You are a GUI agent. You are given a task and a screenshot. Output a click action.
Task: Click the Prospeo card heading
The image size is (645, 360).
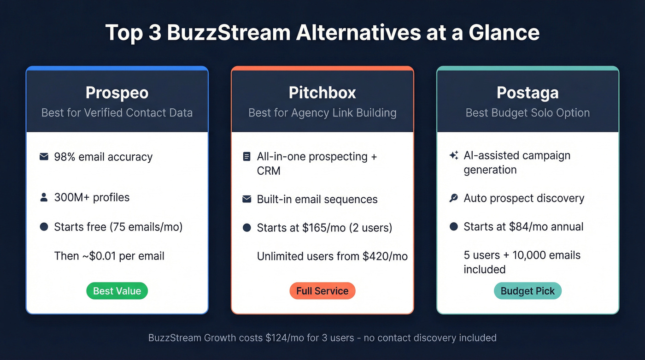[117, 93]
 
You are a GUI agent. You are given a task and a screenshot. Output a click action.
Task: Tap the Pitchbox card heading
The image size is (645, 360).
[322, 93]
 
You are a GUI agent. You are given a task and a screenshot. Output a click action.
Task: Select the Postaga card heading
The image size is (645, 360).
[528, 93]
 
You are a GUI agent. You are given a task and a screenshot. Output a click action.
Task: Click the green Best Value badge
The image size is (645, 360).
[117, 291]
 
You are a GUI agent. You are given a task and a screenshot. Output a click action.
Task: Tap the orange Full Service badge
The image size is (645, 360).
[322, 291]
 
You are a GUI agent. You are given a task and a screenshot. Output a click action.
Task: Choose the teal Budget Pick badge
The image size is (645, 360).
[528, 291]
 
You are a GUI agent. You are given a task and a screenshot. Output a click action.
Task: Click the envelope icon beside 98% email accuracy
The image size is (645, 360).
[44, 157]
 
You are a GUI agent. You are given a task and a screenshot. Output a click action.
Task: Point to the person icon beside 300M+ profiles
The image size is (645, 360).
[44, 198]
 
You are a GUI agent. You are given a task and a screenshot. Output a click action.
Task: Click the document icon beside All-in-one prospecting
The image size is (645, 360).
[246, 157]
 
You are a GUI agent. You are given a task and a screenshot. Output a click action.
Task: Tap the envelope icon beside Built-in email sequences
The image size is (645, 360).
[246, 199]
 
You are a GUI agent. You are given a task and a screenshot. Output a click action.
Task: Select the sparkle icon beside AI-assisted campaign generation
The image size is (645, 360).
[453, 156]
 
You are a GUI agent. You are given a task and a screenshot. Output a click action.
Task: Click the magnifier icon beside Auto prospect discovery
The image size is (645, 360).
[453, 198]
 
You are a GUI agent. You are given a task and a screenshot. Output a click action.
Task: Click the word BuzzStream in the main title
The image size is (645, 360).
[228, 33]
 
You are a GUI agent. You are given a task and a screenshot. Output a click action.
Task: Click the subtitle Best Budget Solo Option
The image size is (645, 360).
[528, 113]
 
